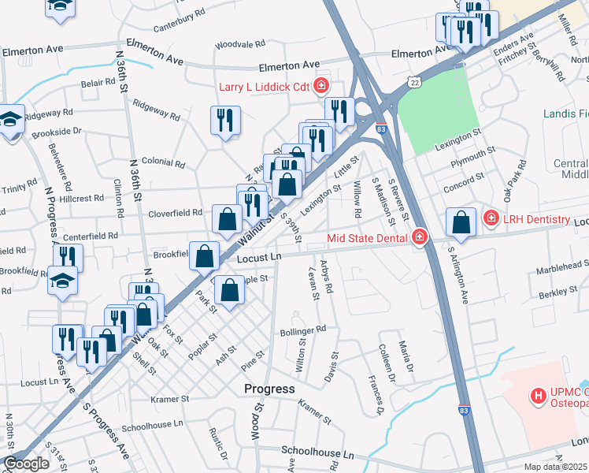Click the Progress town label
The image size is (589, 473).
(269, 389)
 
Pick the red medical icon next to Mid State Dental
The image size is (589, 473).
(419, 236)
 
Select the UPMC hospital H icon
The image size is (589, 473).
(539, 395)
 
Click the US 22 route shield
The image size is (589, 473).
(414, 82)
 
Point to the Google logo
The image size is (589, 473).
(26, 464)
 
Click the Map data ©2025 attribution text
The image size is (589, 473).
(555, 467)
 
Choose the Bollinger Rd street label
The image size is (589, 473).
(302, 332)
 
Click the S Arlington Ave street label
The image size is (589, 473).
(458, 276)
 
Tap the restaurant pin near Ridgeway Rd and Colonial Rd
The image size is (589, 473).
(225, 120)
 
